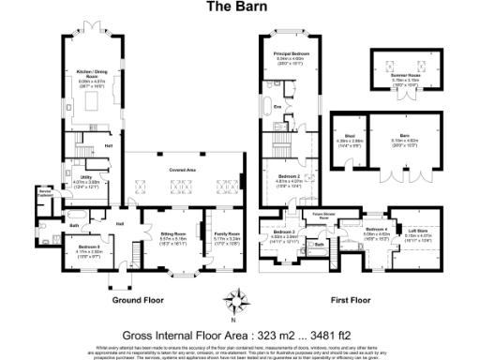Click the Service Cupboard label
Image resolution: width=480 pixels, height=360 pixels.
click(43, 193)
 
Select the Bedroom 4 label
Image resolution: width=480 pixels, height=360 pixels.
click(376, 230)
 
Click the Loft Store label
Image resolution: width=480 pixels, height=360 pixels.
click(416, 232)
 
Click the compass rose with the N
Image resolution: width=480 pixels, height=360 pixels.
click(241, 300)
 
